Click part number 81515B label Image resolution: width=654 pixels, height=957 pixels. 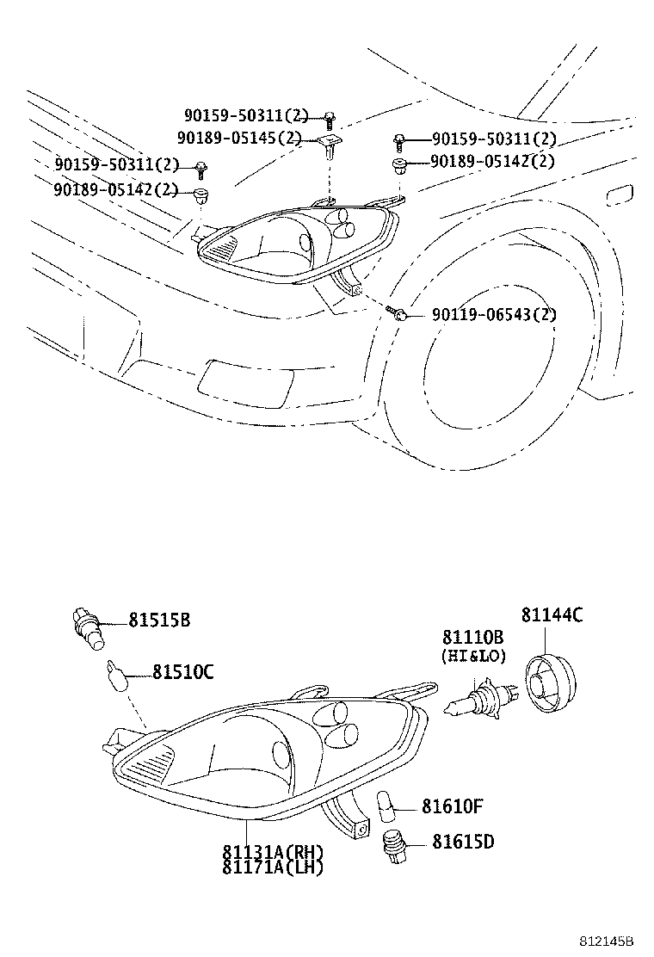159,620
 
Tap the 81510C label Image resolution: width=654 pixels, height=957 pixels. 182,671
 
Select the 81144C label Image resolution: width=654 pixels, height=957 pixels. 552,614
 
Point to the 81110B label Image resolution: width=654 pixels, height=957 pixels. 473,638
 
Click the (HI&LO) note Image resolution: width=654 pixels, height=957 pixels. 473,656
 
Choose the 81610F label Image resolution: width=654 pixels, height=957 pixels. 452,806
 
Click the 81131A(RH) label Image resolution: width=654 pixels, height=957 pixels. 273,853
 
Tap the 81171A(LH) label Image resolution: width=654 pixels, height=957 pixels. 273,867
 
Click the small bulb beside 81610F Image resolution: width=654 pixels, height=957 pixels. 386,807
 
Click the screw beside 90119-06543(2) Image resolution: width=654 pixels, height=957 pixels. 397,313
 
